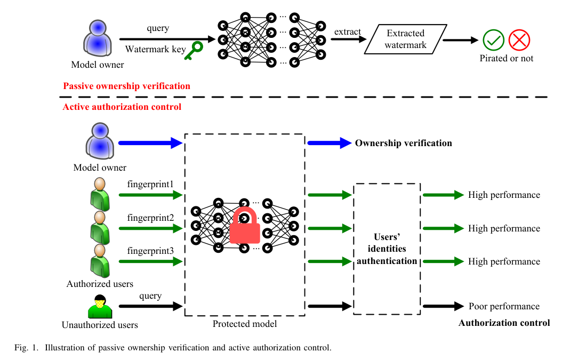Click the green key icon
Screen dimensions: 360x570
(194, 51)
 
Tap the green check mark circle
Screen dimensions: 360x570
(493, 40)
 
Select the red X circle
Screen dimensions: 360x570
(519, 40)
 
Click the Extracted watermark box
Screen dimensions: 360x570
(406, 39)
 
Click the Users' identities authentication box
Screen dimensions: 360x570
(387, 249)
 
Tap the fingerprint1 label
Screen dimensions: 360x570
(150, 185)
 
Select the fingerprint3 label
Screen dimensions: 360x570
(150, 251)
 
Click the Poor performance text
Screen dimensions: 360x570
(504, 306)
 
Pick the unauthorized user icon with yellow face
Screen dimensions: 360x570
(99, 307)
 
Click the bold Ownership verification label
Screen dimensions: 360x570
(403, 143)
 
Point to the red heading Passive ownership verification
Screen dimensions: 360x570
(126, 86)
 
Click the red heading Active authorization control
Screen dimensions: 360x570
(122, 107)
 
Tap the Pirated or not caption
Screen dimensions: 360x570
(506, 58)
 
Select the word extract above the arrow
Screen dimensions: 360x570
(348, 31)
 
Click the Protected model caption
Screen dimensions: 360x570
(245, 324)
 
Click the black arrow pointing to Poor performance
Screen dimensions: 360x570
(443, 306)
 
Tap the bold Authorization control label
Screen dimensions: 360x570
(504, 323)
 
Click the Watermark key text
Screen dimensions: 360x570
(155, 50)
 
